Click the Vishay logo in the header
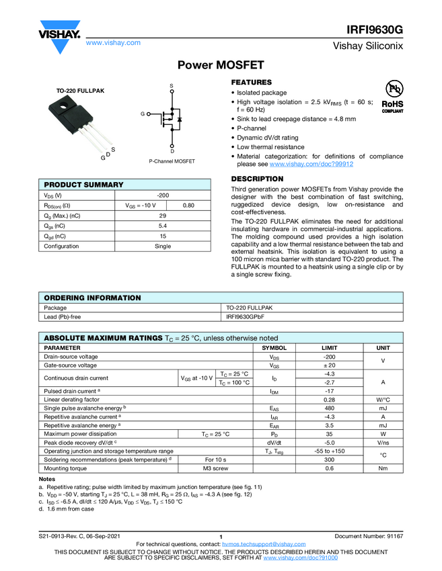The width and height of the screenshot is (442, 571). (x=60, y=32)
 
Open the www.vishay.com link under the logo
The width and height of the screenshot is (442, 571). (x=113, y=42)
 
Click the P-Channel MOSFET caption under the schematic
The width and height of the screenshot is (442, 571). (x=172, y=162)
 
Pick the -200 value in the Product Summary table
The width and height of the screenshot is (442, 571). (x=163, y=195)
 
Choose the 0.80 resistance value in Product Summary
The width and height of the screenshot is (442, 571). (x=189, y=205)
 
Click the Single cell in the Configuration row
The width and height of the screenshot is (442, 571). (x=163, y=246)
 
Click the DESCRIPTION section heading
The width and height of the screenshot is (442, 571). (x=258, y=179)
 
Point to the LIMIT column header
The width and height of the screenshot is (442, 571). (x=329, y=348)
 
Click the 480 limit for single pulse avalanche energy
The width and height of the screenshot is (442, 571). (x=329, y=408)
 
